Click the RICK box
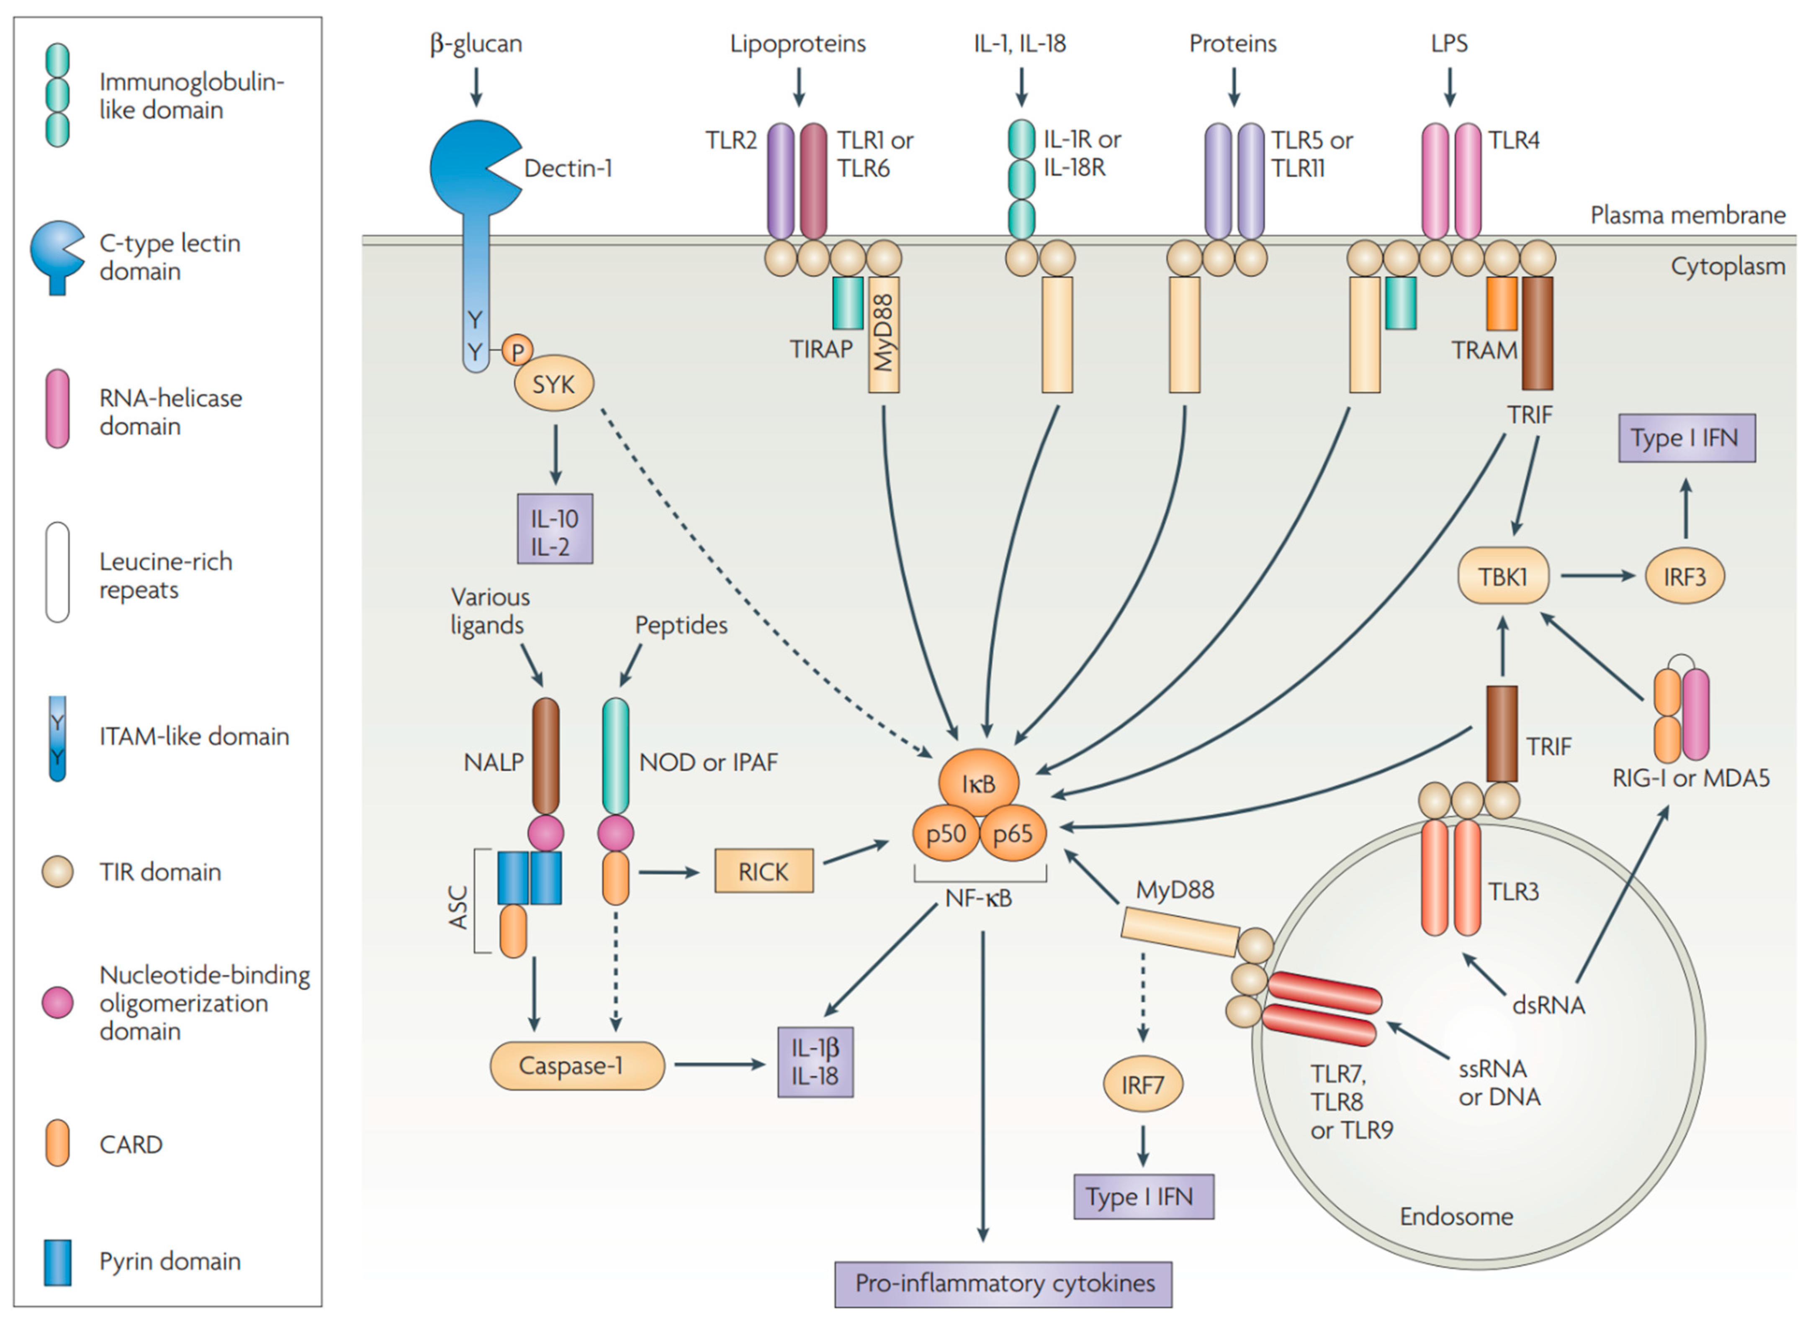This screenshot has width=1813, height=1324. pos(763,871)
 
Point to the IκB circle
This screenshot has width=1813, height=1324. pos(979,783)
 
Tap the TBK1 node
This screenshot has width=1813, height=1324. pos(1503,575)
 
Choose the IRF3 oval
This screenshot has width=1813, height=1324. pos(1685,575)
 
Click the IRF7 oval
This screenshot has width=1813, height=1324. pos(1143,1084)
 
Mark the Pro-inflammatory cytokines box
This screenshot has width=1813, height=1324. pos(1003,1283)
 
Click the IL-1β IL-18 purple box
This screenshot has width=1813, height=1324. pos(815,1062)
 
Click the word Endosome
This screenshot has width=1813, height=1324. pos(1456,1216)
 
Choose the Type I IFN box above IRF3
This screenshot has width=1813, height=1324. pos(1686,438)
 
